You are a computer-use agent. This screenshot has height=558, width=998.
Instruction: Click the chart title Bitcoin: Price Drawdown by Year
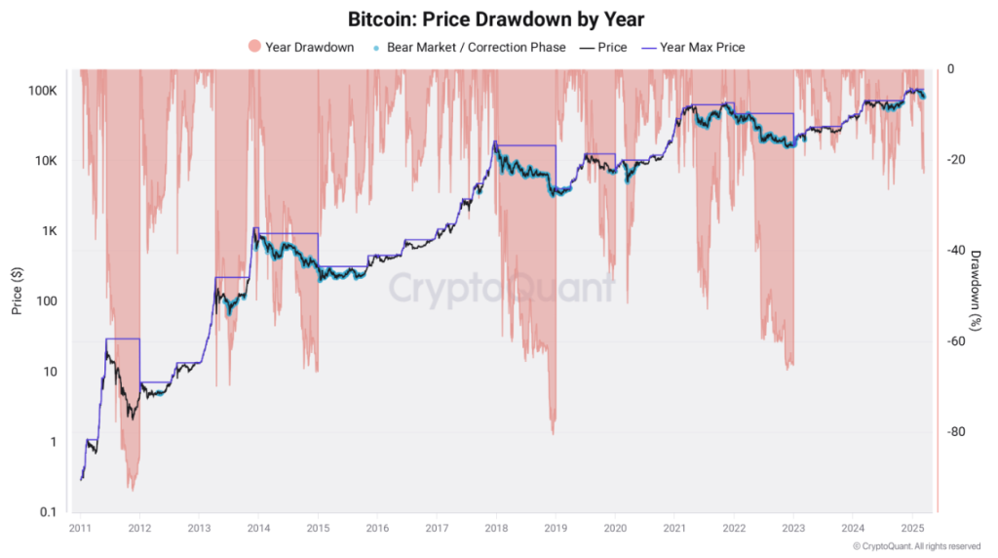[x=496, y=19]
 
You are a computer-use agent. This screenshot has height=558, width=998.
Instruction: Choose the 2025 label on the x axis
[x=911, y=528]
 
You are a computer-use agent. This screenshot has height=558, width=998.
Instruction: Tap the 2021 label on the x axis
[x=673, y=528]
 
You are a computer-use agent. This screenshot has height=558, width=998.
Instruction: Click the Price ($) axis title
[x=17, y=291]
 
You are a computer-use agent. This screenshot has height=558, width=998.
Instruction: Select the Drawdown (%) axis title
[x=977, y=291]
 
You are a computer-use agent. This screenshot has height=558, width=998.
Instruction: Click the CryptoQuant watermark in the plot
[x=502, y=289]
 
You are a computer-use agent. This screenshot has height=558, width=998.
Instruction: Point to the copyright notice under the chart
[x=916, y=546]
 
